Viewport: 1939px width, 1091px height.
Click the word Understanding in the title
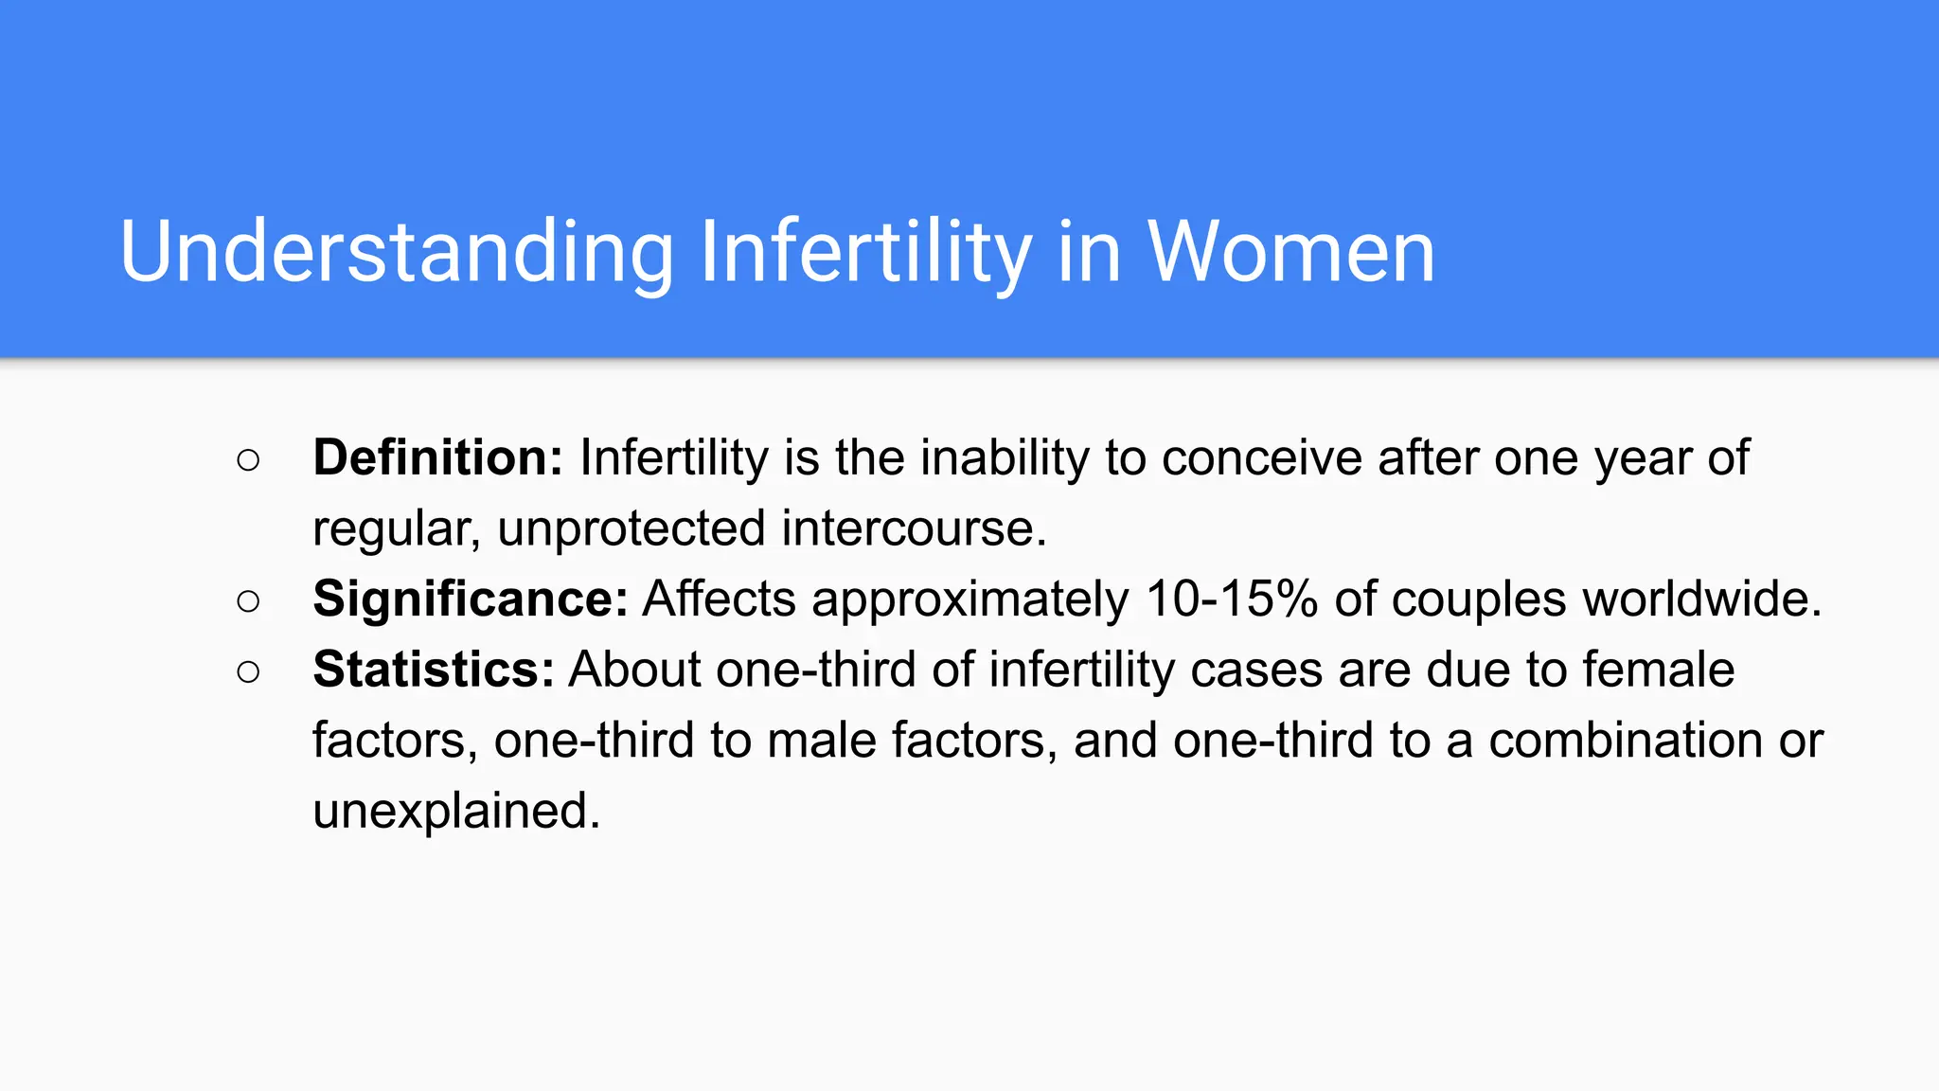click(396, 252)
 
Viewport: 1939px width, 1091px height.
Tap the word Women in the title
click(1290, 252)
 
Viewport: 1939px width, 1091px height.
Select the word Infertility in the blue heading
click(864, 252)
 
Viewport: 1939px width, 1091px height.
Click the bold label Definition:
click(437, 457)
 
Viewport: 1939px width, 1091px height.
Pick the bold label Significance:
click(471, 599)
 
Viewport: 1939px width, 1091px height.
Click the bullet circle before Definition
click(248, 460)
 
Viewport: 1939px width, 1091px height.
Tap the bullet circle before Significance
click(248, 601)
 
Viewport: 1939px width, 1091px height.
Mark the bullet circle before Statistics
click(248, 672)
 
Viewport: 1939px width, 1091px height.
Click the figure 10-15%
click(1231, 599)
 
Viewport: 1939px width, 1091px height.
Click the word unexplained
click(456, 811)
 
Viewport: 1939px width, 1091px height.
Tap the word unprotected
click(632, 528)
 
